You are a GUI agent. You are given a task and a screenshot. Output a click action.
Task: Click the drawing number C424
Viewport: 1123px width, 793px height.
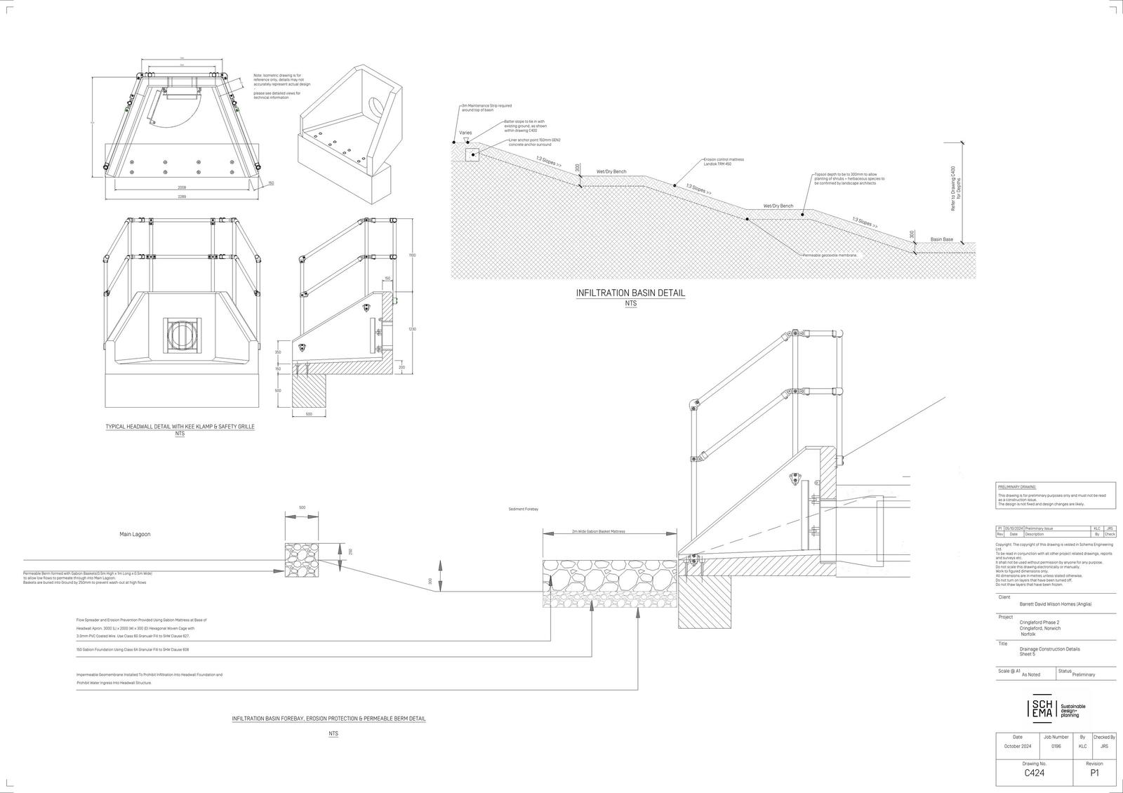(x=1035, y=773)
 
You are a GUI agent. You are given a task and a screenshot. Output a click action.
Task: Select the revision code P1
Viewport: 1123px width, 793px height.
(x=1094, y=773)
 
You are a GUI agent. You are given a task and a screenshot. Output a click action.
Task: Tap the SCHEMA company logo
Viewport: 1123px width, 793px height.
(x=1042, y=709)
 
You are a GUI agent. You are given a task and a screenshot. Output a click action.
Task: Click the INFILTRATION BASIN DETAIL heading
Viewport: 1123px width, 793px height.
(x=630, y=293)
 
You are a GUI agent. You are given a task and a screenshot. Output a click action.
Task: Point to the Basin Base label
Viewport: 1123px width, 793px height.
(x=942, y=240)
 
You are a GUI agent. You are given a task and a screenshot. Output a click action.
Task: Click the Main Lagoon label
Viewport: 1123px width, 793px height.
(x=135, y=534)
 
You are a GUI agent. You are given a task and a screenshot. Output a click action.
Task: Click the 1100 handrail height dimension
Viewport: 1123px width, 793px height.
(x=413, y=255)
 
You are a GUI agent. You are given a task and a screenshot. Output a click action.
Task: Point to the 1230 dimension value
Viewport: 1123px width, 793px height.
(x=413, y=329)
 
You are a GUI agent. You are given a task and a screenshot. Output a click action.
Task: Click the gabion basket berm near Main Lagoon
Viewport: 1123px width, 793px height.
(x=302, y=561)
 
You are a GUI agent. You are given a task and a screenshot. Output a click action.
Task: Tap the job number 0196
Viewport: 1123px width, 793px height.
(x=1056, y=747)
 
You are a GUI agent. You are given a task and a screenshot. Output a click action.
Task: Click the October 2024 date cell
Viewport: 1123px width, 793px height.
(x=1017, y=747)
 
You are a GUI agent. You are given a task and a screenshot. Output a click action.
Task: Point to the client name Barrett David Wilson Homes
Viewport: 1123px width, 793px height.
(x=1055, y=604)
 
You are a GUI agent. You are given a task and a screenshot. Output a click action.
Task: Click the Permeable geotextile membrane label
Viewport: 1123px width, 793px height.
(x=831, y=255)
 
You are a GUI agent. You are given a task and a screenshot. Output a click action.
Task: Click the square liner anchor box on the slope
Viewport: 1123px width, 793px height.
(x=472, y=154)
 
